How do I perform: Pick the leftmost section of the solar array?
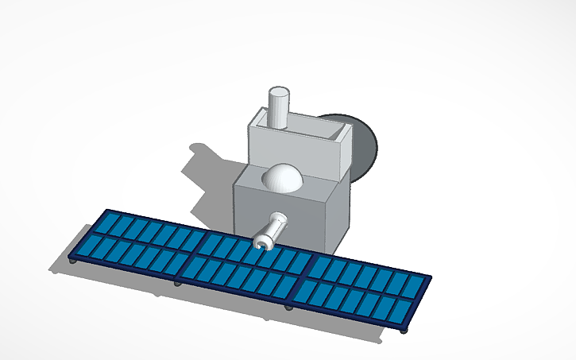[135, 238]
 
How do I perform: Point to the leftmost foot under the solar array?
[73, 261]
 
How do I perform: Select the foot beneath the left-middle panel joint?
[176, 282]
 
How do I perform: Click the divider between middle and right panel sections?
[308, 278]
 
